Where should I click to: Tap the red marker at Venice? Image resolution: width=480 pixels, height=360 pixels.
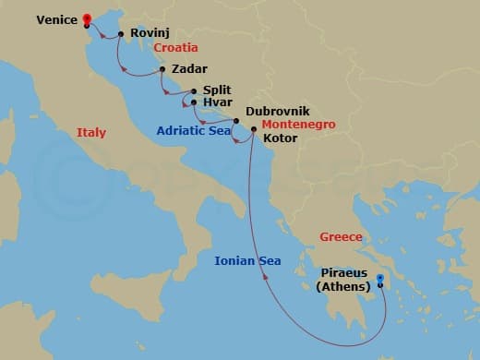tap(86, 19)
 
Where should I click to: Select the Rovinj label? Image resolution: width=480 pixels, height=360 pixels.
tap(149, 34)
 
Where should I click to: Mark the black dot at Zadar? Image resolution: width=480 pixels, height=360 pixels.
tap(162, 69)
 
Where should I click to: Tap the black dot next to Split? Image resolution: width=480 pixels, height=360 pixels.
tap(193, 91)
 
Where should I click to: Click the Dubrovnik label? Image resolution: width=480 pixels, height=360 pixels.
tap(277, 110)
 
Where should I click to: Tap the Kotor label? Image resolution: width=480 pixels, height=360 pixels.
tap(280, 139)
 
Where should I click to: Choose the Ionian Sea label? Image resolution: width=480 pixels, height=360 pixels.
tap(248, 262)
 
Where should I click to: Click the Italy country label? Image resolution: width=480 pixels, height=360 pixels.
tap(90, 133)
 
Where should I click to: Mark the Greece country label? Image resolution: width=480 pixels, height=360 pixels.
tap(341, 237)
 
